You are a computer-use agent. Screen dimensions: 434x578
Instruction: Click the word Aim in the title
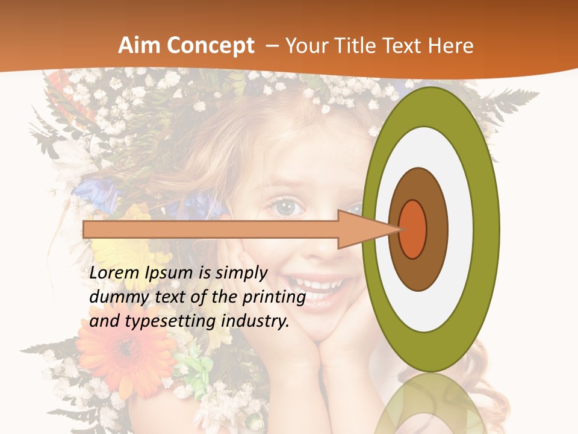(140, 46)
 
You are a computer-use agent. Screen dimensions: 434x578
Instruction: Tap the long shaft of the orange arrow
(211, 230)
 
